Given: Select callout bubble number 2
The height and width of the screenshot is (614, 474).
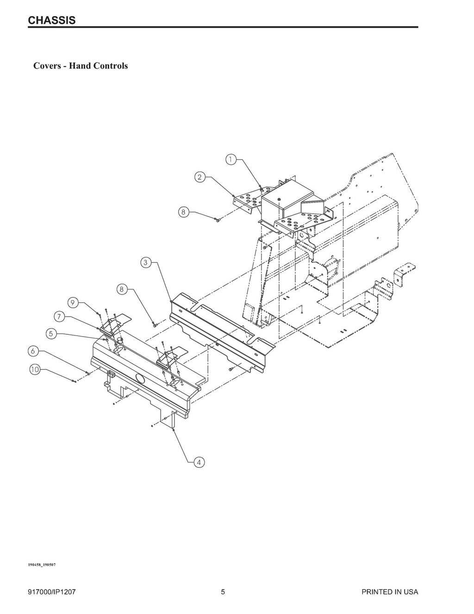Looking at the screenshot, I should click(199, 177).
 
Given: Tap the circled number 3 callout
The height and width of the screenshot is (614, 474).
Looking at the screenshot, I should click(145, 263).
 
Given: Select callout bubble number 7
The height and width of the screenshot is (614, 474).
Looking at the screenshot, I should click(59, 317).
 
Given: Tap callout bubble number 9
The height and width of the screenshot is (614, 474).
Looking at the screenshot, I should click(73, 302).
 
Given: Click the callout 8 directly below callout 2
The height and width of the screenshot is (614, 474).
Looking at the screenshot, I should click(183, 212).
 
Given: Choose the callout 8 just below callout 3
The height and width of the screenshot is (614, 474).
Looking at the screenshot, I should click(121, 289).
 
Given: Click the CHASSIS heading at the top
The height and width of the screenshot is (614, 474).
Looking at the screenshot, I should click(51, 20).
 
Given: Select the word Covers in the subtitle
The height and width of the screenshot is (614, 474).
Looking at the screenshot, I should click(48, 66).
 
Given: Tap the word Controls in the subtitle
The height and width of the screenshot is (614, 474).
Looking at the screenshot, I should click(111, 66).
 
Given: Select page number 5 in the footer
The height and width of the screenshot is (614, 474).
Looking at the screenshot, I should click(223, 592).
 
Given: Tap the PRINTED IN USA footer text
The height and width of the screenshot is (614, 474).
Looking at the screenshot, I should click(390, 592).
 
